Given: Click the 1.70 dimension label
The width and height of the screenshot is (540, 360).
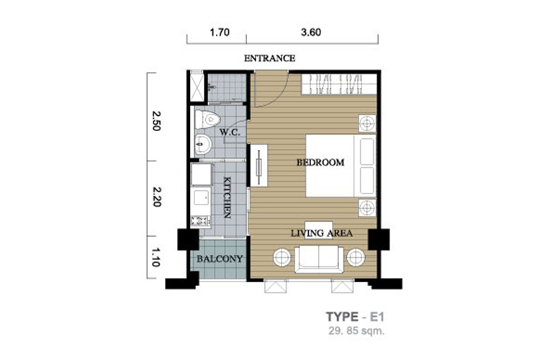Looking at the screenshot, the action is point(220,32).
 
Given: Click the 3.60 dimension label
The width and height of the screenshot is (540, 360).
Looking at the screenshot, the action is point(311,32).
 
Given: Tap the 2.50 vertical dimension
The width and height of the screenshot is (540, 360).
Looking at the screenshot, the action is point(156,121).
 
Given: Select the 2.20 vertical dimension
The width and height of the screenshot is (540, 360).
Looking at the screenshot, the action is point(156,197).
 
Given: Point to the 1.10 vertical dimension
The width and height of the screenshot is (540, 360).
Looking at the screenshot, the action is point(156,257).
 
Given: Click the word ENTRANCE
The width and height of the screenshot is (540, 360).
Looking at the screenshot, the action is point(270,58).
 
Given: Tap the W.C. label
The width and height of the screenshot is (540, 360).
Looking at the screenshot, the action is point(230,132).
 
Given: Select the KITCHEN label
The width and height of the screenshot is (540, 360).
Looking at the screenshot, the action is point(227,197).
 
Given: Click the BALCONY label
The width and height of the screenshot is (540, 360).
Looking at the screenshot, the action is point(220,258).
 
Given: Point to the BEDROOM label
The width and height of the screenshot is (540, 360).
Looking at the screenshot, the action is point(320,162).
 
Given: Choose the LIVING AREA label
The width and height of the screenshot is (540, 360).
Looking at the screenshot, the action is point(322,233).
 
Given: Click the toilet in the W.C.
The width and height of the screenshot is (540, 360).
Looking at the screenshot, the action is point(207,120).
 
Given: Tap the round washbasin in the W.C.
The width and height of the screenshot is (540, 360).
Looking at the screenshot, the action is point(203,144).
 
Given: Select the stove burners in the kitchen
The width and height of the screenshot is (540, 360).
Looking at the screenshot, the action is point(200,221).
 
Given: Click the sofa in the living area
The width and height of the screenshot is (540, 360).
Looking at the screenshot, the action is point(319,258).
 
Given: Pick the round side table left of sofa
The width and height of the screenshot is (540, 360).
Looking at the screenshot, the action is point(282,257).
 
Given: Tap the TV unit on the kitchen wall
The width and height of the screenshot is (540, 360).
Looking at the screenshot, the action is point(259,166).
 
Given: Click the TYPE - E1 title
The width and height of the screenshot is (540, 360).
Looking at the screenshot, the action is point(355,317).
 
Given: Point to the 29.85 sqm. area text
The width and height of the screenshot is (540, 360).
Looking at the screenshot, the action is point(356,331).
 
